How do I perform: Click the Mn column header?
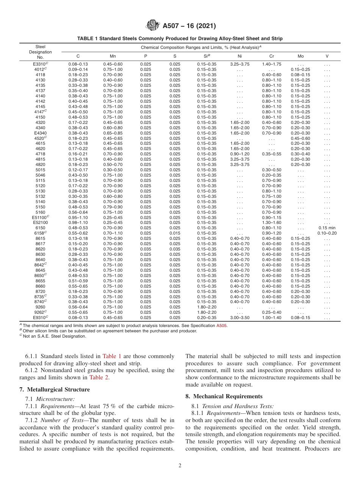113,56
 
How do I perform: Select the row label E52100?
40,222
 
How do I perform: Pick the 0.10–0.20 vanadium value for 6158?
327,233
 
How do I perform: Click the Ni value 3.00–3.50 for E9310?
239,318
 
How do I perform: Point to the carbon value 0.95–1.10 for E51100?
78,217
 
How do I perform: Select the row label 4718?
40,154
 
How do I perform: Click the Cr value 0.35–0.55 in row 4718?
271,154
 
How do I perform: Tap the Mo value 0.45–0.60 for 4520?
301,138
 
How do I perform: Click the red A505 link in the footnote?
222,326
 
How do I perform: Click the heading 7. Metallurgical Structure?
54,390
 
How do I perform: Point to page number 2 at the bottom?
180,466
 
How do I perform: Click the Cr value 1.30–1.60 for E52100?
271,222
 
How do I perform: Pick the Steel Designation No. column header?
40,52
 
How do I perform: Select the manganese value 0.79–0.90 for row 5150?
113,207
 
